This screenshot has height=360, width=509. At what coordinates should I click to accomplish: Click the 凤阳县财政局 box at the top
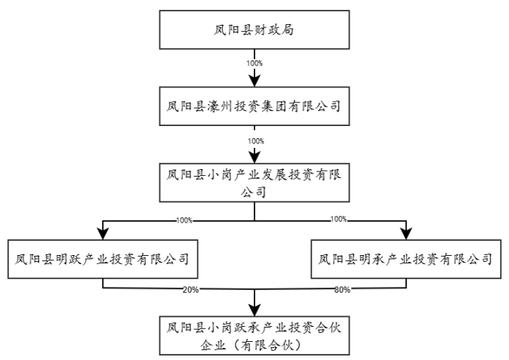tap(254, 31)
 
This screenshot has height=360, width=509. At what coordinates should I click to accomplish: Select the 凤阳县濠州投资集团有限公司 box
tap(254, 107)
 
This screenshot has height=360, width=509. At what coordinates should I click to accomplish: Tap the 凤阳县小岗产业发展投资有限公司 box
tap(254, 183)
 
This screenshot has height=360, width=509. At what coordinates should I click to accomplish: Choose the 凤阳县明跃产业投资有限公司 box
tap(102, 259)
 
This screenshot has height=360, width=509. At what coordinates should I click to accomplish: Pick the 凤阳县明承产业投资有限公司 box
tap(406, 259)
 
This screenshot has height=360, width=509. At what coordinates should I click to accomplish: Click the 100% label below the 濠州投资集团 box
tap(255, 140)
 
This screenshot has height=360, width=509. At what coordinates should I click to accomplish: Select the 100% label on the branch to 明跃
tap(184, 220)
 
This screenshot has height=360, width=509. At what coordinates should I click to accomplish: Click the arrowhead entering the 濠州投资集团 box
tap(255, 82)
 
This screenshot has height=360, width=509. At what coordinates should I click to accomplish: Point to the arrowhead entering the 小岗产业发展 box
tap(255, 158)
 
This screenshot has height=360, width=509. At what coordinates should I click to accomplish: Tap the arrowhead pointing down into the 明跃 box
tap(102, 234)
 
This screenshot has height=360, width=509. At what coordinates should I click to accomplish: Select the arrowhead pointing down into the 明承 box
tap(407, 234)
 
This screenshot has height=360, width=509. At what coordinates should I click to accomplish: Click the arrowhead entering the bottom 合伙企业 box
tap(255, 310)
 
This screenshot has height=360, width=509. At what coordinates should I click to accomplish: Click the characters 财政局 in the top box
tap(273, 31)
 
